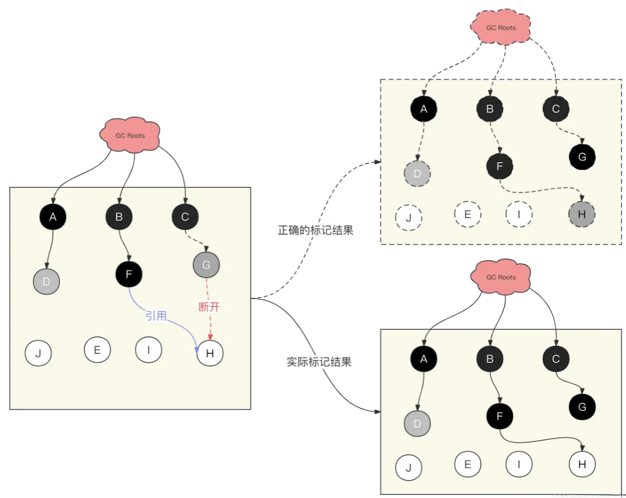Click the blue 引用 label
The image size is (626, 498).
(x=156, y=316)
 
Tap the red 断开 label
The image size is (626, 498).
(x=209, y=307)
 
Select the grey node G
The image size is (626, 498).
(x=206, y=265)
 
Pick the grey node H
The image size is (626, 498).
(x=582, y=214)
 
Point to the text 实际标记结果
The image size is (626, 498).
(x=319, y=362)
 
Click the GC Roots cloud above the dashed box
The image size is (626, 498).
(x=501, y=27)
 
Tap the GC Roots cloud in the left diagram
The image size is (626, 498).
(x=130, y=135)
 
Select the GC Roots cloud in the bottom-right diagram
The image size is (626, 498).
(x=500, y=277)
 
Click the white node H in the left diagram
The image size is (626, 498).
(x=210, y=353)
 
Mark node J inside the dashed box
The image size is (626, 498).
(x=409, y=217)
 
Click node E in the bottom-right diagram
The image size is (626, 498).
(x=467, y=464)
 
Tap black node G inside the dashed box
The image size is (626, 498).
(x=582, y=156)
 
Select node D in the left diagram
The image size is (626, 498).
(x=46, y=281)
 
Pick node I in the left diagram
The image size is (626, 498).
(x=148, y=350)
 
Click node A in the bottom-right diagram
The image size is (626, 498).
(x=423, y=359)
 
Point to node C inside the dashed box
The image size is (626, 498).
(x=556, y=109)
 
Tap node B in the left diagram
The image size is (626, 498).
(x=119, y=216)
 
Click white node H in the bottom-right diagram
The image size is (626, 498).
(x=582, y=464)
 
